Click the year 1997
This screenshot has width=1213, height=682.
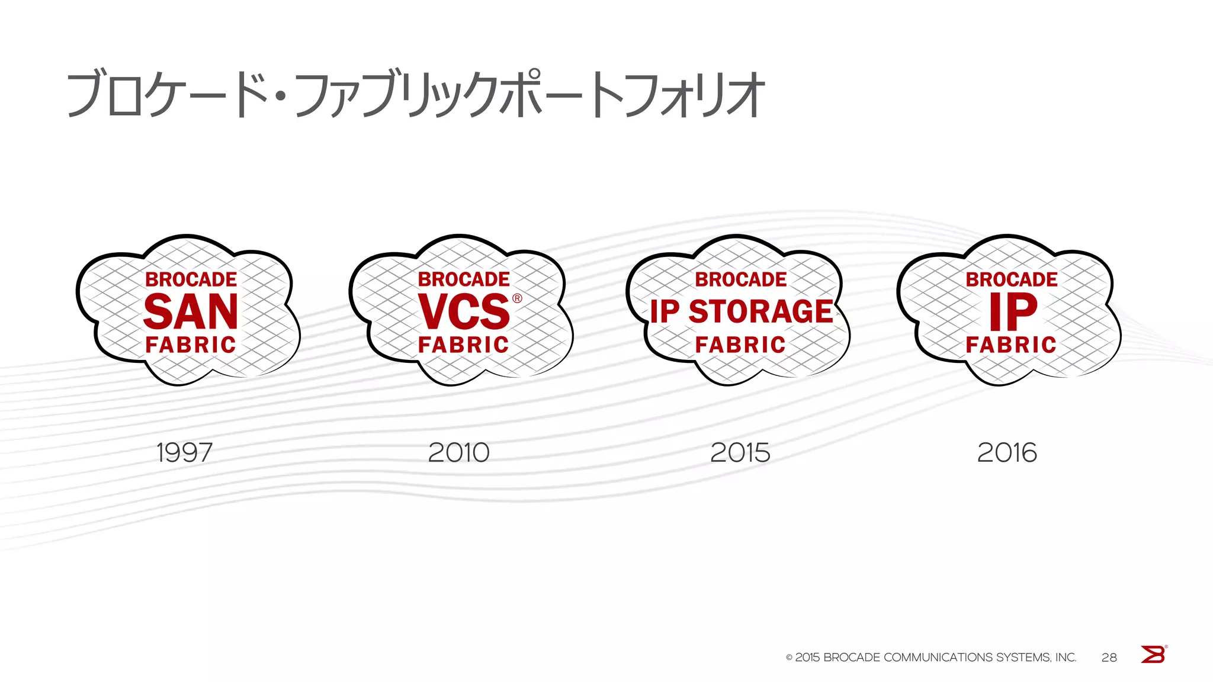click(184, 453)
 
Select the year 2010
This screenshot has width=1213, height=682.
click(458, 453)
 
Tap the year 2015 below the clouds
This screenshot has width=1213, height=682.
click(740, 453)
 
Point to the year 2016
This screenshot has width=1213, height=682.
click(1007, 453)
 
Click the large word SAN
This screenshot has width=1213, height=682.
click(191, 311)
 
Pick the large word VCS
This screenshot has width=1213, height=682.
click(464, 311)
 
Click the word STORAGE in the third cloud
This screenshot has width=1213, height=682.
click(761, 311)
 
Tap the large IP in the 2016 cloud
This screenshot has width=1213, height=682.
click(1013, 311)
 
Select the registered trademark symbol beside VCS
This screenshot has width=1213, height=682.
click(518, 298)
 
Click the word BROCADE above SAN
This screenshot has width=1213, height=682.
click(191, 279)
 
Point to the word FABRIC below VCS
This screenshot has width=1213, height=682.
click(464, 345)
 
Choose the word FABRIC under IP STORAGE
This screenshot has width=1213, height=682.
click(740, 345)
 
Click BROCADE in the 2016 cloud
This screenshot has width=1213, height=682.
click(1012, 279)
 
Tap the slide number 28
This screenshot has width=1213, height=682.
click(1109, 658)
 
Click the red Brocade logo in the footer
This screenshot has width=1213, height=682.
click(1153, 654)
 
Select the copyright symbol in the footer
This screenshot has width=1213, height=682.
click(789, 658)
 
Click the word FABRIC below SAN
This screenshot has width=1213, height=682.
click(191, 345)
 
